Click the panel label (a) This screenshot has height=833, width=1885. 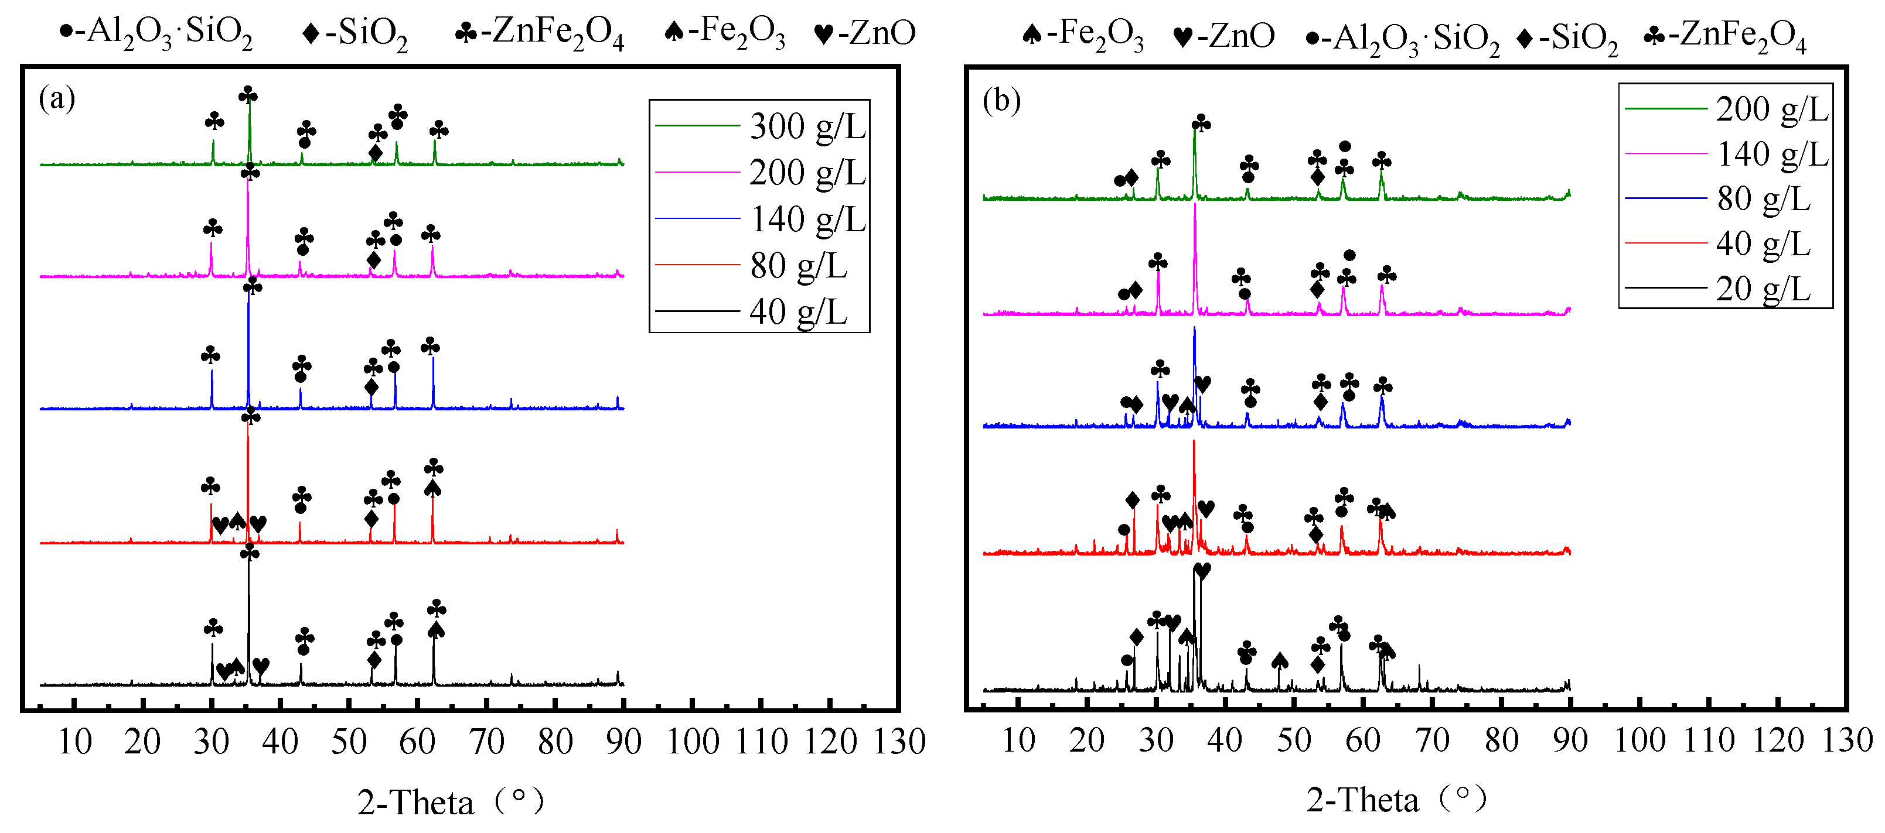(x=57, y=98)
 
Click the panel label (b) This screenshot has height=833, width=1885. (x=1001, y=100)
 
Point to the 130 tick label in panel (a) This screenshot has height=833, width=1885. (x=899, y=742)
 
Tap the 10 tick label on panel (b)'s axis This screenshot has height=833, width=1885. (x=1018, y=740)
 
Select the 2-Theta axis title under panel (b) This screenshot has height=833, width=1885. (x=1396, y=800)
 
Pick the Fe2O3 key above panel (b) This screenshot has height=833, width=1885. (x=1082, y=35)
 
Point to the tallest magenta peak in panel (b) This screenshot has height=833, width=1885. (x=1195, y=205)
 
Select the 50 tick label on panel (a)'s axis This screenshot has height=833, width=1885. (x=348, y=742)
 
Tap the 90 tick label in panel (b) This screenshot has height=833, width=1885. (x=1570, y=740)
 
